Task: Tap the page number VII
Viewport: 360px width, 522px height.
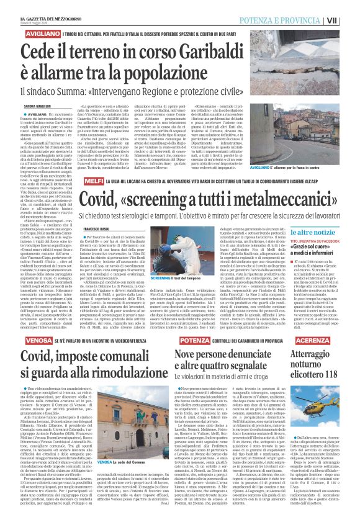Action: coord(350,20)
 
